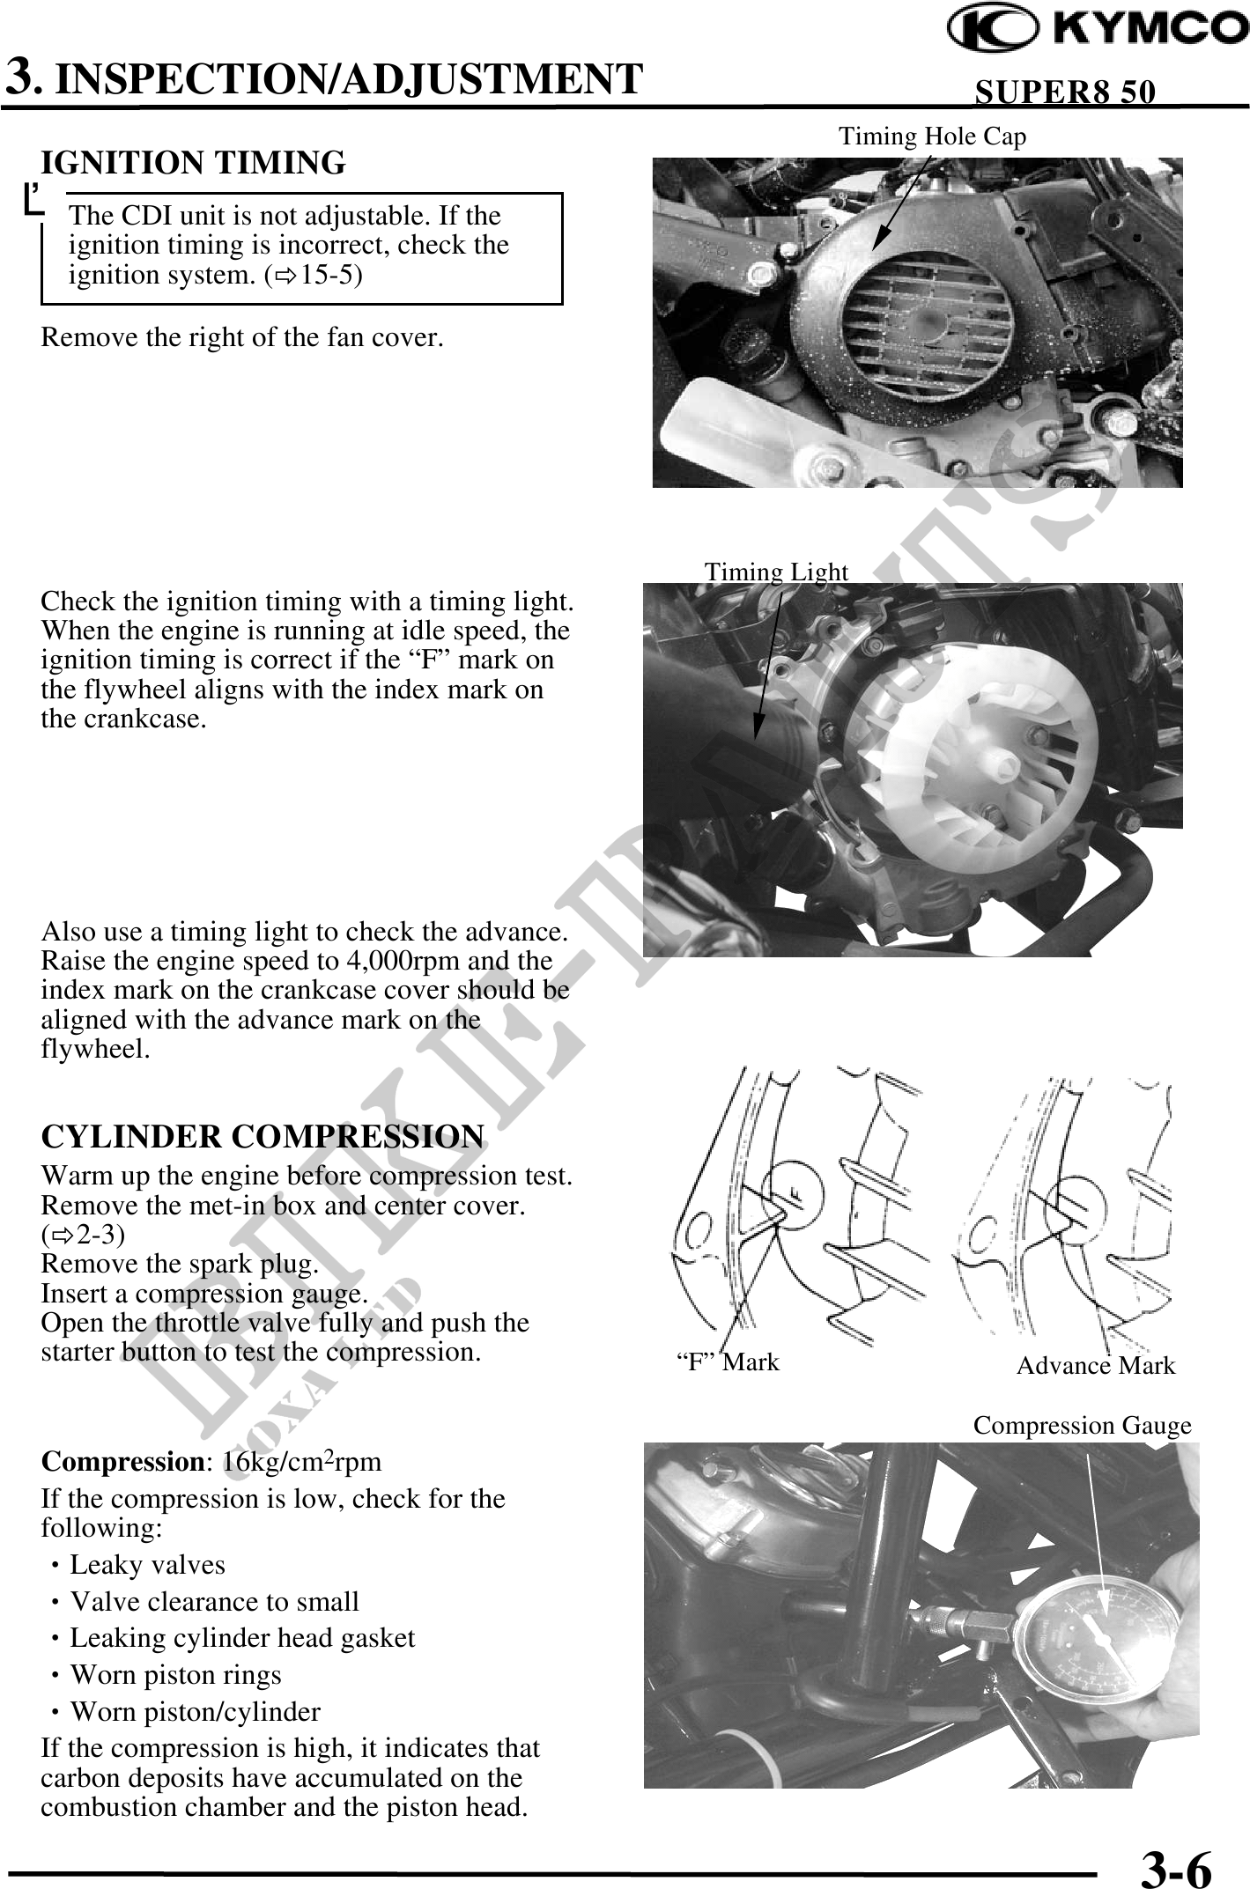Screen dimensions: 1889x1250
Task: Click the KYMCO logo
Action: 1097,28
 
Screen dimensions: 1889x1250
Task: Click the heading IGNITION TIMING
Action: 194,163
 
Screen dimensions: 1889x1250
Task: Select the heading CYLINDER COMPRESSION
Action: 263,1136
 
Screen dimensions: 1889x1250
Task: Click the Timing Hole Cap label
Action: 932,137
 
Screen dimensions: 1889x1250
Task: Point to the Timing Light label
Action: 776,572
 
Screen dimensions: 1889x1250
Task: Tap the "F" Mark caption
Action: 728,1362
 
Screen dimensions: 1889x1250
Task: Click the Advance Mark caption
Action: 1096,1365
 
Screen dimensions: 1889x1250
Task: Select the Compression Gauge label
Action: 1082,1426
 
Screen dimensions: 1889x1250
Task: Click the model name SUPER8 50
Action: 1065,92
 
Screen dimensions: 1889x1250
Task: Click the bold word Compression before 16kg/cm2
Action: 122,1463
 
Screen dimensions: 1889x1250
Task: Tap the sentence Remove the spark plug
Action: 180,1265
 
